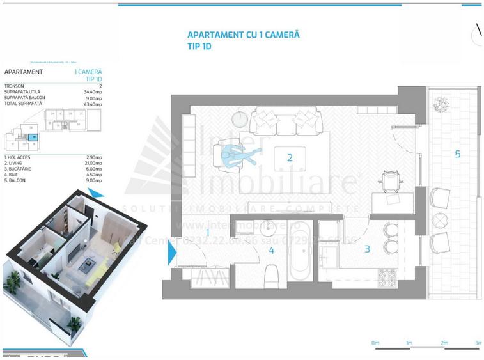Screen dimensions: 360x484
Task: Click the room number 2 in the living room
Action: (290, 157)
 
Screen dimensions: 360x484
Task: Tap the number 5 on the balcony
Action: (457, 153)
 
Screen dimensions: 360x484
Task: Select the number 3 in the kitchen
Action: (367, 249)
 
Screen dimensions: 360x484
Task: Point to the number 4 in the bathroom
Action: (271, 250)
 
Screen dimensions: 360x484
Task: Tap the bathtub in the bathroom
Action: (299, 252)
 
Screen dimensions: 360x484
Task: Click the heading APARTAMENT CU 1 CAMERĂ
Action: (243, 36)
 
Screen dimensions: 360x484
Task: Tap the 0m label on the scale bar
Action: (375, 344)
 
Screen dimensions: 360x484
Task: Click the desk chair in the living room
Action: (390, 180)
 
